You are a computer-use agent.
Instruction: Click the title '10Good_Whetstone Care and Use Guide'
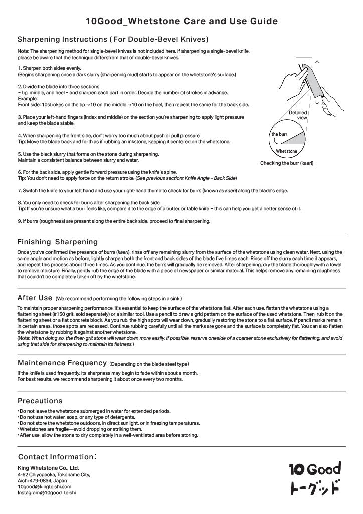coord(181,21)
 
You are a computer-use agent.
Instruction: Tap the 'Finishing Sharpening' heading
coord(58,242)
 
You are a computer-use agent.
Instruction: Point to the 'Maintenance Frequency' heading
coord(62,362)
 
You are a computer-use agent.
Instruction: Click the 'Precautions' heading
coord(40,401)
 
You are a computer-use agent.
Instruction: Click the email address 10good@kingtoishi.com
coord(45,487)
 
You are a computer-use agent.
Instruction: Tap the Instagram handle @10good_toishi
coord(47,493)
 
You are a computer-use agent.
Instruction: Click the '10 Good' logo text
coord(314,469)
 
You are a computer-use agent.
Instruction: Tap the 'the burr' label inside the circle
coord(279,134)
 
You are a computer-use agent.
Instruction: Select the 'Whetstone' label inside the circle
coord(286,151)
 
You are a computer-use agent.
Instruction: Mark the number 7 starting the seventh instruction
coord(19,191)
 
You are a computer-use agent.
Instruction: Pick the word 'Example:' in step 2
coord(28,99)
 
